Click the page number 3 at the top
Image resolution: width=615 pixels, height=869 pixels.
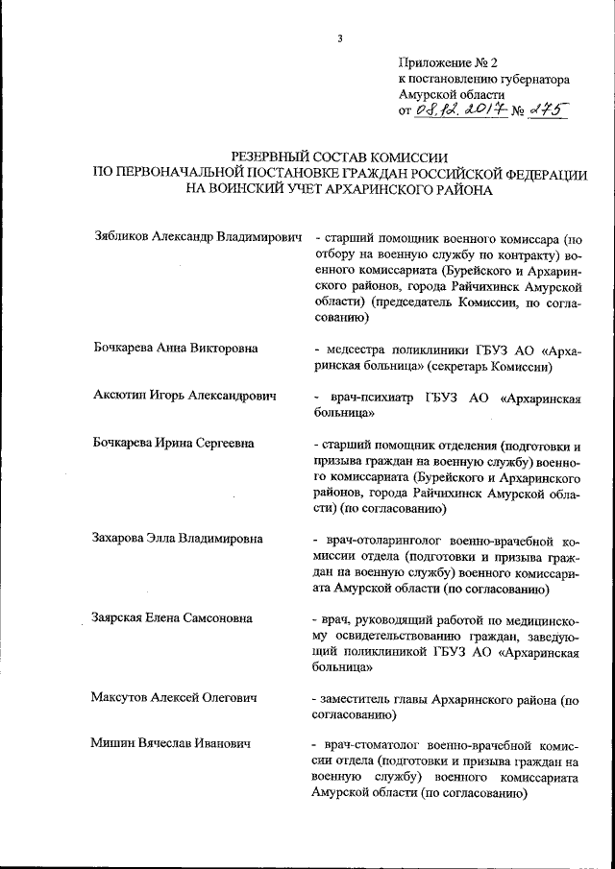point(339,38)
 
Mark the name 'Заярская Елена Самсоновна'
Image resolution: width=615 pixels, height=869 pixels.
point(173,616)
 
